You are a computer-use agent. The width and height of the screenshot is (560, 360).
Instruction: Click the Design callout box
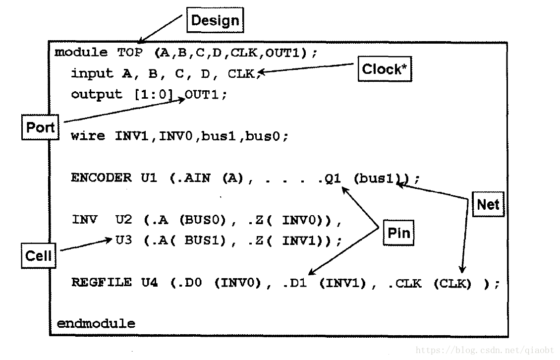pyautogui.click(x=215, y=21)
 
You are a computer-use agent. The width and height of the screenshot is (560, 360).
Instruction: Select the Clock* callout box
pyautogui.click(x=384, y=69)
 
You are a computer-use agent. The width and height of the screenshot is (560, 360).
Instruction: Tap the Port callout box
pyautogui.click(x=40, y=127)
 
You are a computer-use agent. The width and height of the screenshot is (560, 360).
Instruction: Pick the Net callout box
pyautogui.click(x=488, y=204)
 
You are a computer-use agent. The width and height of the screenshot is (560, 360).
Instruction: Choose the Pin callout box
pyautogui.click(x=398, y=233)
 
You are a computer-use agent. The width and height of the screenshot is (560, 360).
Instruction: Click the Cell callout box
pyautogui.click(x=38, y=256)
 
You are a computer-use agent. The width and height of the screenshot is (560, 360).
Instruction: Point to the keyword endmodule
pyautogui.click(x=96, y=324)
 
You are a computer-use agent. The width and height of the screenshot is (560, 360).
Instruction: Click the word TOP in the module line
pyautogui.click(x=130, y=52)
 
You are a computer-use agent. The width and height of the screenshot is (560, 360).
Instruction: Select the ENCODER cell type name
pyautogui.click(x=101, y=178)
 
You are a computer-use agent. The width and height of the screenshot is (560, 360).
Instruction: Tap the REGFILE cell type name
pyautogui.click(x=101, y=283)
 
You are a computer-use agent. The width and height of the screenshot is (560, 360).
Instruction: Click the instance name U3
pyautogui.click(x=123, y=240)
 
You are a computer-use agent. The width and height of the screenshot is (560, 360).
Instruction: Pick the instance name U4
pyautogui.click(x=149, y=283)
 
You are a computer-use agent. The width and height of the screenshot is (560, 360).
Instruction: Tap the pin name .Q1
pyautogui.click(x=330, y=178)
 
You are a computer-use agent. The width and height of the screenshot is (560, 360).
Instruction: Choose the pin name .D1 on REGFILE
pyautogui.click(x=296, y=283)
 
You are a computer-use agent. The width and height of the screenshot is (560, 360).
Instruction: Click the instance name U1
pyautogui.click(x=149, y=178)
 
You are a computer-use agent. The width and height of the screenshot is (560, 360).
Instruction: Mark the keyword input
pyautogui.click(x=92, y=74)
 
